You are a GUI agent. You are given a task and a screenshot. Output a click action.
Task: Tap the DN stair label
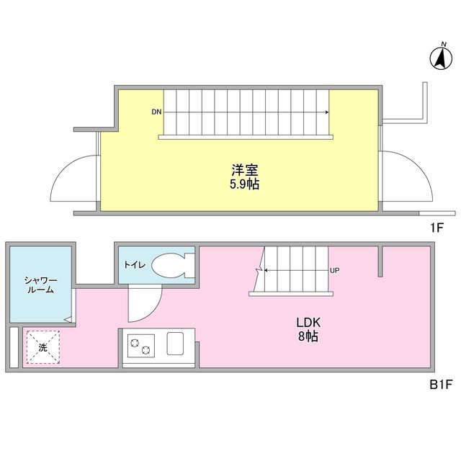156,112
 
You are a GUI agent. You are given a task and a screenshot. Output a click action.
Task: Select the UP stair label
334,271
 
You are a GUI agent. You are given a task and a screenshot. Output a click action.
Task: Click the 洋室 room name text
245,171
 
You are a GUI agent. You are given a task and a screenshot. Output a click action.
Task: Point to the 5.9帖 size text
245,184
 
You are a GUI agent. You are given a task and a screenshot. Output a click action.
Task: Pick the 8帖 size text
307,336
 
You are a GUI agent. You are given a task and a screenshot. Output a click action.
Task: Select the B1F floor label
440,385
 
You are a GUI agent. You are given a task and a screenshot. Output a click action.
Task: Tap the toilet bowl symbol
171,264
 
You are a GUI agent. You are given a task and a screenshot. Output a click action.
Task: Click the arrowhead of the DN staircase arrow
328,112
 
